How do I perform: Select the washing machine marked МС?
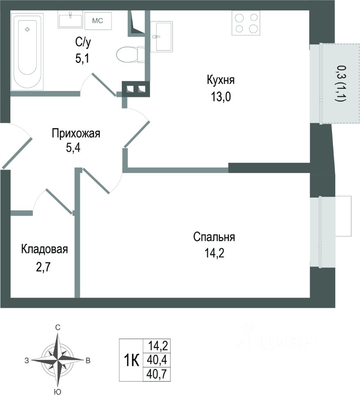click(x=98, y=20)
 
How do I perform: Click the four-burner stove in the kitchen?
click(x=246, y=23)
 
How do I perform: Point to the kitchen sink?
click(x=161, y=37)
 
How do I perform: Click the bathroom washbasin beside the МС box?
click(x=70, y=20)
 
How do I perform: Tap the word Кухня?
click(x=223, y=80)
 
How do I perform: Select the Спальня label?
click(x=214, y=237)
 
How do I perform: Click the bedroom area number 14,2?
click(x=214, y=252)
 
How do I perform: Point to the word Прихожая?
click(x=76, y=133)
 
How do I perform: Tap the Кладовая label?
click(x=44, y=249)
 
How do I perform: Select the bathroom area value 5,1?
click(x=82, y=58)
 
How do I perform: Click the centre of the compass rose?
click(x=58, y=359)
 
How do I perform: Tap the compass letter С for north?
click(x=58, y=328)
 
